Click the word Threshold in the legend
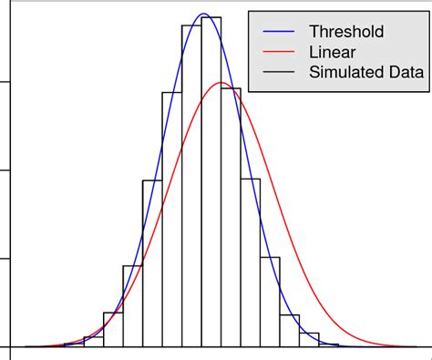coord(346,32)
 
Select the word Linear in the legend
coord(334,53)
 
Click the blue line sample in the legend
coord(279,33)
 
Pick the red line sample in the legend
coord(279,53)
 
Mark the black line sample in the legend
coord(279,74)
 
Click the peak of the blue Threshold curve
coord(204,15)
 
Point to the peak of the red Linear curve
coord(221,83)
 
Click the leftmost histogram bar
coord(93,342)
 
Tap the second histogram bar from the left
coord(113,330)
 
